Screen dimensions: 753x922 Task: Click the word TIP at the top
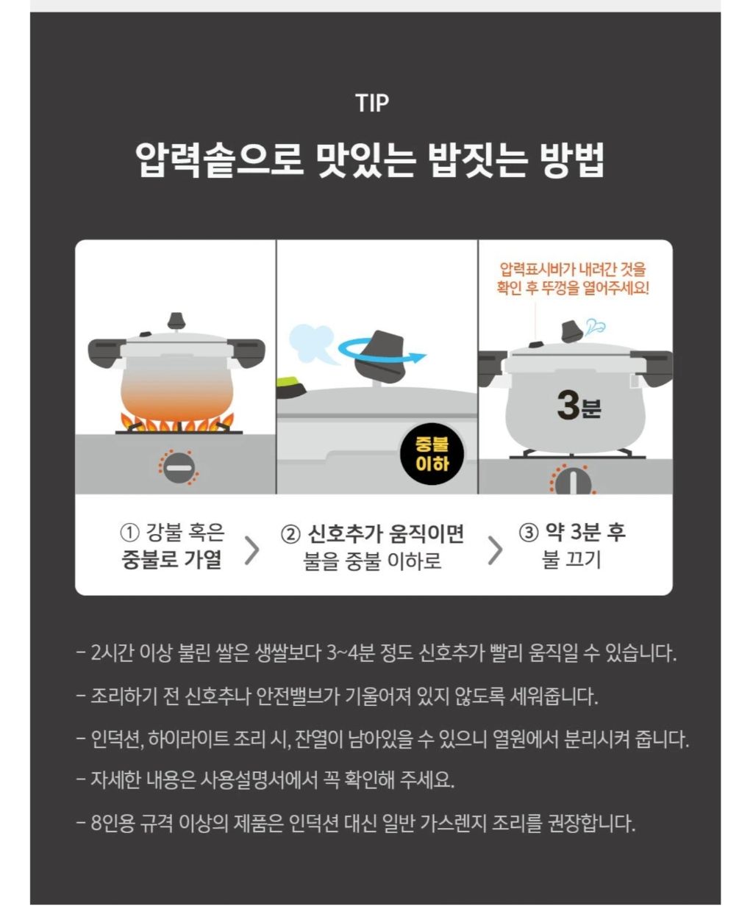click(372, 103)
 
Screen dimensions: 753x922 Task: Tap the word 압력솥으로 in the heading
click(219, 159)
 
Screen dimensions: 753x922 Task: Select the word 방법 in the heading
click(571, 159)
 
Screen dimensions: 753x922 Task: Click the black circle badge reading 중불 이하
click(432, 454)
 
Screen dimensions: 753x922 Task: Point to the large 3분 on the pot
click(579, 406)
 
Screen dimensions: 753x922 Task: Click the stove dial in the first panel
click(179, 467)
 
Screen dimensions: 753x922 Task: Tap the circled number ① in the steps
click(129, 533)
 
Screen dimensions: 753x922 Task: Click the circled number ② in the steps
click(290, 535)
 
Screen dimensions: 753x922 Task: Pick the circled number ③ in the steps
click(529, 533)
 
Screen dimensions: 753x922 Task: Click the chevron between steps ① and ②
click(252, 550)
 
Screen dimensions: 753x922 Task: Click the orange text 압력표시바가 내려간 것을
click(573, 270)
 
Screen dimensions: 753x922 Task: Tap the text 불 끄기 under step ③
click(571, 560)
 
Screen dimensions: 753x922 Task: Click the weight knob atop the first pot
click(176, 321)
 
